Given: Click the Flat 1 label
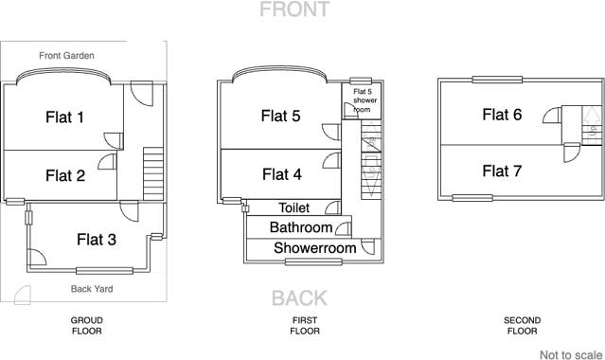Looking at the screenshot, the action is point(64,117).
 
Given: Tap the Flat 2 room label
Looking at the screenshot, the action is point(65,176).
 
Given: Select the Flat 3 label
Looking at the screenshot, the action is point(97,240).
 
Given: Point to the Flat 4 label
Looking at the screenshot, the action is point(282,174).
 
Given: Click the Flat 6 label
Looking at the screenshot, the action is point(502,115).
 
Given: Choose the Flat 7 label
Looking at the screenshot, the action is point(502,171).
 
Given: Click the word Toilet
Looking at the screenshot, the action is point(294,207).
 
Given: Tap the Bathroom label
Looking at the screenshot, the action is point(301,227).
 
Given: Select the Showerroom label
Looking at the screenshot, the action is point(315,248).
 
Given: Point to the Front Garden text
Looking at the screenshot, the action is point(67,56).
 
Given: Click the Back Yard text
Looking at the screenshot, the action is point(92,289).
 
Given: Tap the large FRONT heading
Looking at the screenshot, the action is point(294,9).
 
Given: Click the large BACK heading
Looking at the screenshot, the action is point(299,298).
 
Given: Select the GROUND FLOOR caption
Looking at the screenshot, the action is point(87,326).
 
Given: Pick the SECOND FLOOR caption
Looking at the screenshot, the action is point(522,326).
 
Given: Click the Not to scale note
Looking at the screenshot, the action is point(571,355).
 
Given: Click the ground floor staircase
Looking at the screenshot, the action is point(153,173).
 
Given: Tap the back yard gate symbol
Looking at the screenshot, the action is point(23,296).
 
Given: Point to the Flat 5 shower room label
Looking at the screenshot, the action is point(365,100).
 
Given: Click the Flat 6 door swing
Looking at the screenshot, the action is point(552,116).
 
